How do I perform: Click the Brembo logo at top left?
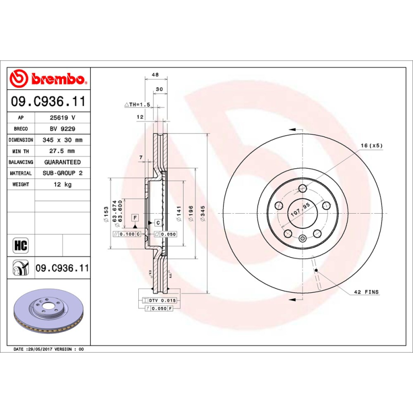tap(48, 79)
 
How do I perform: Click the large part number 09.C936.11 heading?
tap(48, 102)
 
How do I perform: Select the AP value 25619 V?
tap(62, 118)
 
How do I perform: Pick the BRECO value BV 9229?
tap(62, 129)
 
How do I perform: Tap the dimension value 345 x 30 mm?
tap(62, 140)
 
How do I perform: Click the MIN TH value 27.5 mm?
tap(62, 151)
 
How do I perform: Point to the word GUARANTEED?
tap(62, 162)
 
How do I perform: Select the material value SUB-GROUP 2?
tap(62, 173)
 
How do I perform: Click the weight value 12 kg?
tap(62, 184)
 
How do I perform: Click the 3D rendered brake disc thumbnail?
tap(47, 313)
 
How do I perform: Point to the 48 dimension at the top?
tap(154, 75)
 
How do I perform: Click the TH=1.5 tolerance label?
tap(137, 104)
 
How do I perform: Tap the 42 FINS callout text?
tap(366, 292)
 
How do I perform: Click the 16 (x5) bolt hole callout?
tap(371, 146)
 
